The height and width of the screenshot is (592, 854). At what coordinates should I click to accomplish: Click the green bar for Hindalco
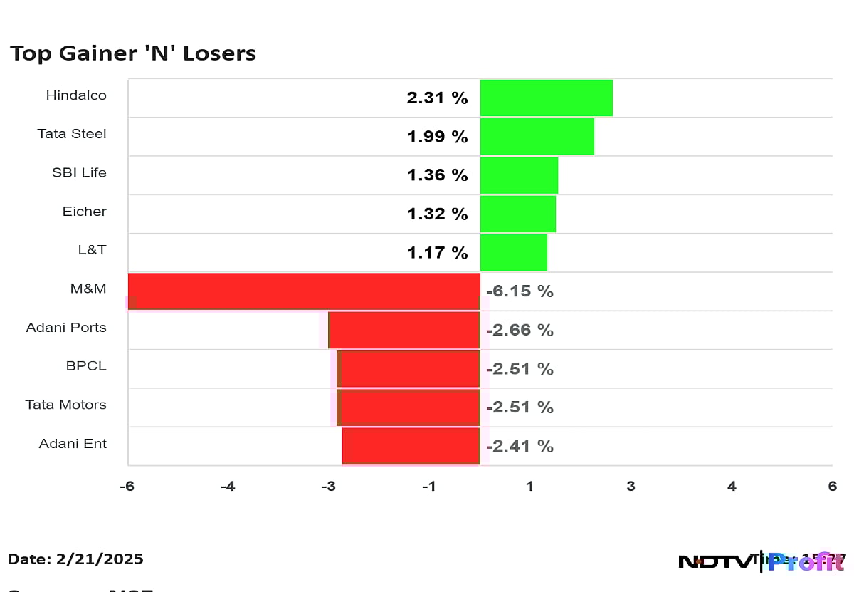point(546,98)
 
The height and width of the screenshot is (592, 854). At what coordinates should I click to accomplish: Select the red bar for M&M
point(304,291)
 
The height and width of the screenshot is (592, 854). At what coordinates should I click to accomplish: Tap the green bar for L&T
point(513,252)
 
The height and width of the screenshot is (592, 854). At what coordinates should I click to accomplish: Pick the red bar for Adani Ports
point(404,329)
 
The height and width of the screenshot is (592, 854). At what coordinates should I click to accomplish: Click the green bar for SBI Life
point(519,175)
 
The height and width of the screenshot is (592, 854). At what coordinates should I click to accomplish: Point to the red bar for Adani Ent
point(411,445)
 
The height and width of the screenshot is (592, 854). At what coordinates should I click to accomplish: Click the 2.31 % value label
point(437,98)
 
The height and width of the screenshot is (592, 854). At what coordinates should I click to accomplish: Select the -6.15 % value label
point(520,291)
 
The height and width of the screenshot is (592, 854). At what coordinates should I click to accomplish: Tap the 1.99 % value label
point(437,137)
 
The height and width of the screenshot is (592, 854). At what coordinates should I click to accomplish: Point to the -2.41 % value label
point(520,446)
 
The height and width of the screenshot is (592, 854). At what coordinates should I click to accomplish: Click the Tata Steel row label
point(72,134)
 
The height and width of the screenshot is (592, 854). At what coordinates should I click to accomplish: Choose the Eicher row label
point(85,212)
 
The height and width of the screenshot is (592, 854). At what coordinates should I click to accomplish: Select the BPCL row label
point(86,366)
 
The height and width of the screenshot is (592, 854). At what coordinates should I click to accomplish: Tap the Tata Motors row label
point(65,405)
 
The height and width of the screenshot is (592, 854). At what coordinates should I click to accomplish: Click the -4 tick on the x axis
point(228,487)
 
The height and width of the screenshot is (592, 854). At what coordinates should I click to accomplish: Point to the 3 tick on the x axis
point(631,487)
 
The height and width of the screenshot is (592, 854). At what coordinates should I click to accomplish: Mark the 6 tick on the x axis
point(832,487)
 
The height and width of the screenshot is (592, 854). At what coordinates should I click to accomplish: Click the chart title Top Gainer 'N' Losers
point(132,53)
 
